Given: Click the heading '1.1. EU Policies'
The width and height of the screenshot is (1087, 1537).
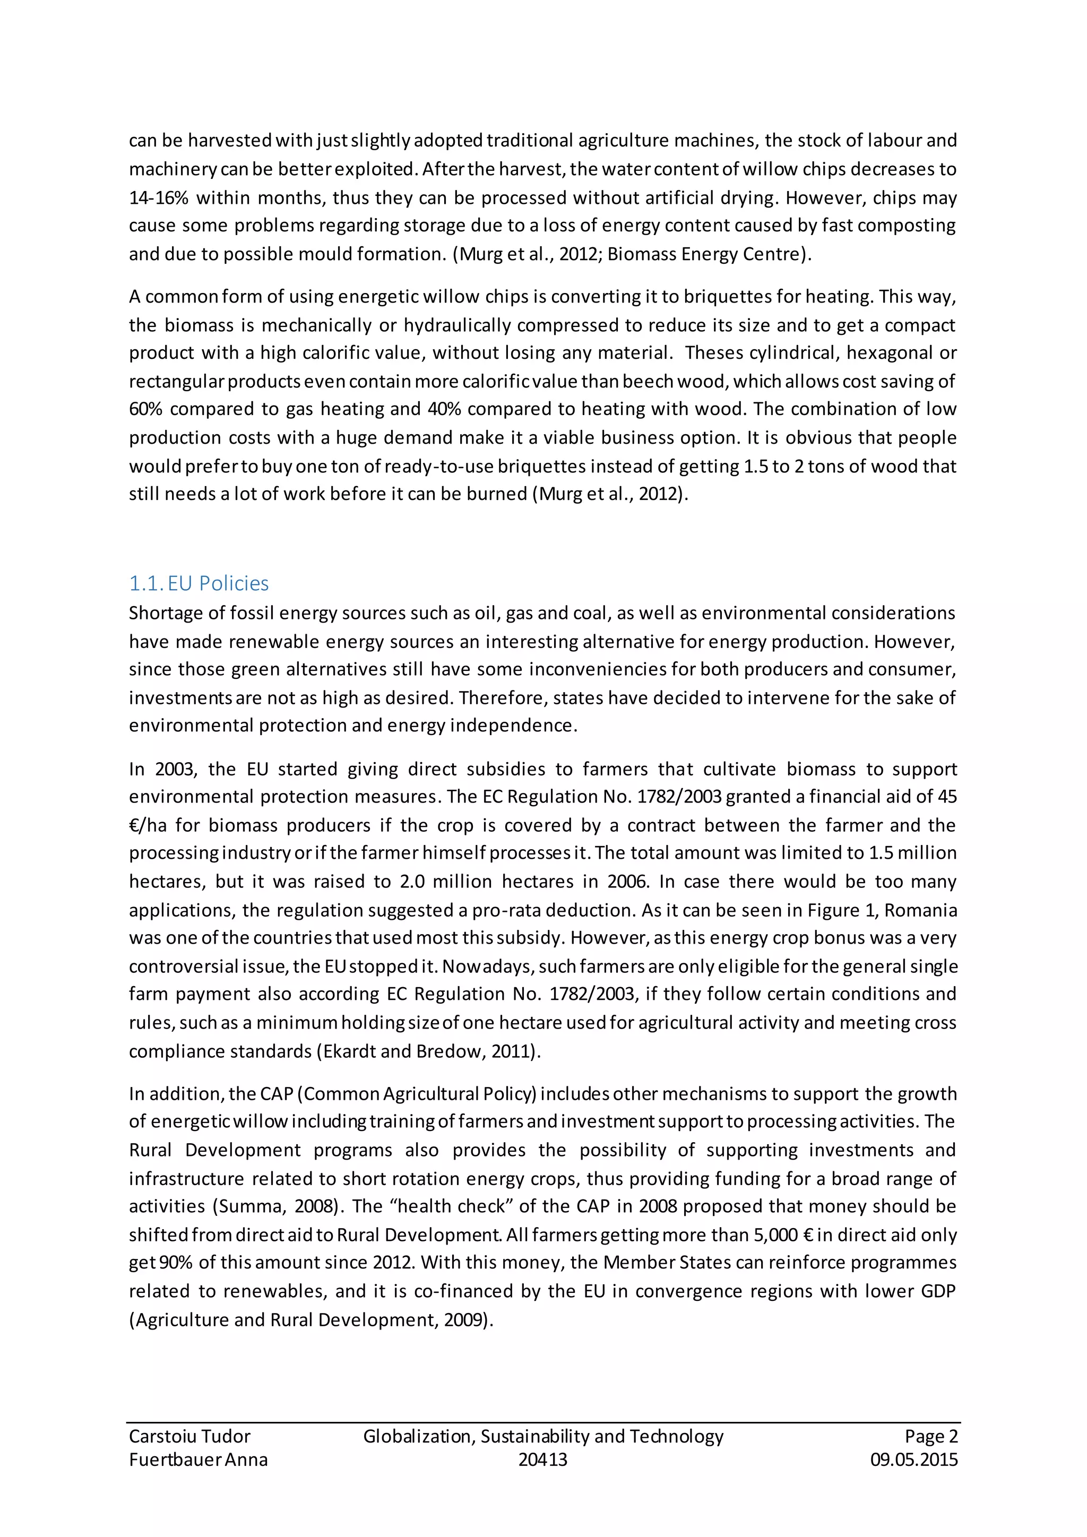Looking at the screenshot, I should coord(199,583).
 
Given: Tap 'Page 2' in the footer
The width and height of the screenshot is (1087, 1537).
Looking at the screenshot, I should coord(931,1436).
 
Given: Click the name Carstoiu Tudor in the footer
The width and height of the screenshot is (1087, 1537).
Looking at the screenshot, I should coord(189,1436).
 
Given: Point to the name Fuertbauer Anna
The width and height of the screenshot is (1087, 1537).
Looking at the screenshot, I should coord(198,1460).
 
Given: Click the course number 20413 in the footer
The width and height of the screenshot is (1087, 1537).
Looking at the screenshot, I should coord(543,1460).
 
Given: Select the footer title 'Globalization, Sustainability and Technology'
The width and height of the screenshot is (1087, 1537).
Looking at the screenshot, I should coord(543,1436).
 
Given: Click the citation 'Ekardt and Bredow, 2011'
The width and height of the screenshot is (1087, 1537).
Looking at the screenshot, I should coord(428,1052).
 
